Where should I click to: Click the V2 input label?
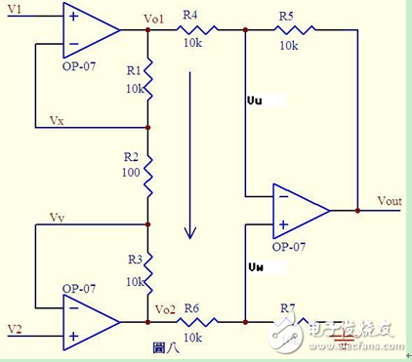pyautogui.click(x=14, y=327)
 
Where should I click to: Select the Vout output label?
pyautogui.click(x=391, y=200)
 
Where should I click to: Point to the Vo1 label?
pyautogui.click(x=154, y=19)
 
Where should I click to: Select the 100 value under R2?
pyautogui.click(x=130, y=172)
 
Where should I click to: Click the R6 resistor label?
pyautogui.click(x=189, y=307)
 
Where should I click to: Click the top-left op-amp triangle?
pyautogui.click(x=86, y=28)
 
